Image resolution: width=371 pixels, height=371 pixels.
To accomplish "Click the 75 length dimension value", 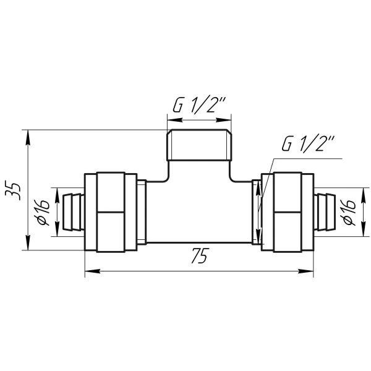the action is (x=200, y=255).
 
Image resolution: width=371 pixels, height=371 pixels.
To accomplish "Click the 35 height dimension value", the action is (x=13, y=191).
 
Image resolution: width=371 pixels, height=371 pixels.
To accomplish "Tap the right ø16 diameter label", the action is (x=348, y=212).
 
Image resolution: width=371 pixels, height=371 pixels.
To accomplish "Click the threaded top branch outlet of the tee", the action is (x=199, y=145).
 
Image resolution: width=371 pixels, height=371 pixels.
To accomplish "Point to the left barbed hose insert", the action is (x=72, y=211).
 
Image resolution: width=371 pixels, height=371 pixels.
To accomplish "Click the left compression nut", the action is (x=111, y=212).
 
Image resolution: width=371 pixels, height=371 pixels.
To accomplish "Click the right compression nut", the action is (x=288, y=212).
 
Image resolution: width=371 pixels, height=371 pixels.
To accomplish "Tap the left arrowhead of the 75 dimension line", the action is (x=92, y=271).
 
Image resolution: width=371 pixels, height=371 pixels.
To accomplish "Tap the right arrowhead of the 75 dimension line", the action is (x=306, y=271).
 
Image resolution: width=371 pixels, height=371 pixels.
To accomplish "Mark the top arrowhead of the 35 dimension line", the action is (x=28, y=137).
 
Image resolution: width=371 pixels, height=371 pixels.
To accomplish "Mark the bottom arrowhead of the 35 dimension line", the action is (x=28, y=242).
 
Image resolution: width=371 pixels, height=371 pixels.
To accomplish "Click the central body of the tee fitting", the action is (x=199, y=211).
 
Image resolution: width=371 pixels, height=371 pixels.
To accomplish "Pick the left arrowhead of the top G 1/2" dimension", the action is (x=174, y=120).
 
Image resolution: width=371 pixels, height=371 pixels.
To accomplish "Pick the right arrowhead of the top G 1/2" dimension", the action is (x=224, y=120).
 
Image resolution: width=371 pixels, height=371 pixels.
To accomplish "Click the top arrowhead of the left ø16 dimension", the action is (x=57, y=195).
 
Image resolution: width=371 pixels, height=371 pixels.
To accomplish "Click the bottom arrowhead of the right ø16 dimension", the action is (x=363, y=229).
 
